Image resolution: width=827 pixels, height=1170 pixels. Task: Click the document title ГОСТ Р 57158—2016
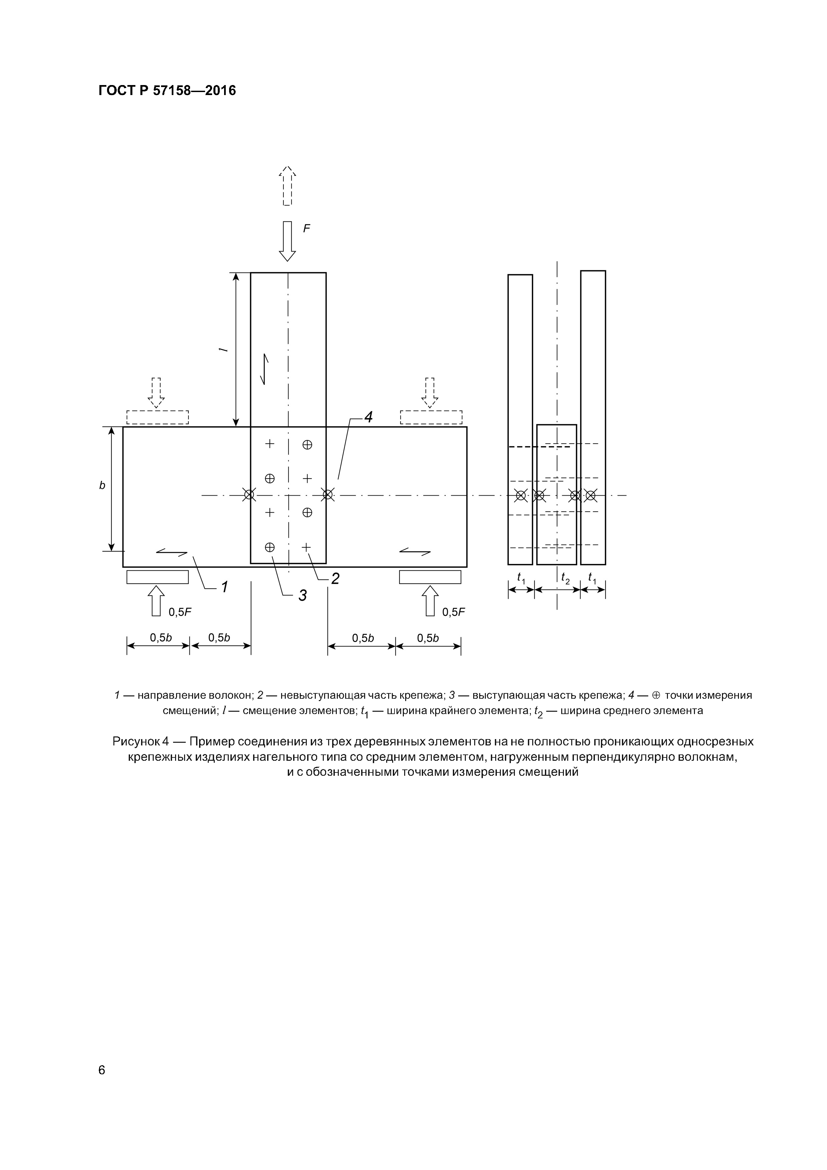167,91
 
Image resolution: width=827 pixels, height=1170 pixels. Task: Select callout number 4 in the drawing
367,417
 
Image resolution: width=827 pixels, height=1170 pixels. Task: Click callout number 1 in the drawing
224,587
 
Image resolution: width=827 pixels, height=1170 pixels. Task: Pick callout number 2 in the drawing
335,578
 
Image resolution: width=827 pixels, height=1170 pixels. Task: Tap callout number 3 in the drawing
302,595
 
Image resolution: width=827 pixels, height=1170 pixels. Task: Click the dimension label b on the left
102,486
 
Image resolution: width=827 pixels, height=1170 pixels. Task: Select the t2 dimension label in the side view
565,578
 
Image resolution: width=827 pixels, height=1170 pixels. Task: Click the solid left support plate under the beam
157,577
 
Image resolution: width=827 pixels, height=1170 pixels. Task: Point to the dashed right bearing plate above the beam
431,417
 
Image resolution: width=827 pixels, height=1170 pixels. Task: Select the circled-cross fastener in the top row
307,444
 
